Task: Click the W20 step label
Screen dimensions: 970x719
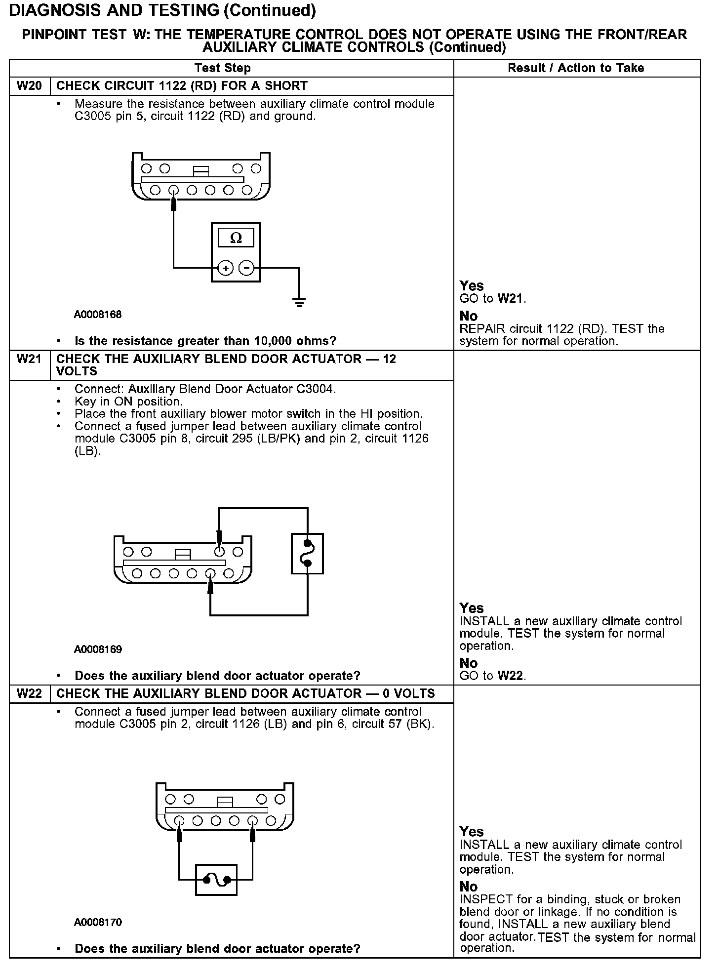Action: tap(29, 86)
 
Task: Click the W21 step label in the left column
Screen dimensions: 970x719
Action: tap(29, 359)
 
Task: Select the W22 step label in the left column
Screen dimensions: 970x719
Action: tap(29, 693)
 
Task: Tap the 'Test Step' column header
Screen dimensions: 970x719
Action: tap(222, 68)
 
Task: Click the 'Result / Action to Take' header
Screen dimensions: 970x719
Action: tap(576, 68)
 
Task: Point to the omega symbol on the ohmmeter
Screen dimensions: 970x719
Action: tap(236, 238)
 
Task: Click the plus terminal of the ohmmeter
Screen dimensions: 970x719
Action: tap(225, 268)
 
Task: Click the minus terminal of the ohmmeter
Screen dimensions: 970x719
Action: tap(246, 268)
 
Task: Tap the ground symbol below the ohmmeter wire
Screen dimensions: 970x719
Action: tap(299, 302)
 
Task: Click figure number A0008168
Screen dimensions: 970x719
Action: tap(98, 315)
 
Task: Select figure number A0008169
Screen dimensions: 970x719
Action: tap(98, 649)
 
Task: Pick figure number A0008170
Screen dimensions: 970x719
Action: tap(98, 923)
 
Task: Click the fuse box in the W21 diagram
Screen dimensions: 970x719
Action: tap(307, 554)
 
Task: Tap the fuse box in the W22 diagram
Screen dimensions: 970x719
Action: tap(216, 880)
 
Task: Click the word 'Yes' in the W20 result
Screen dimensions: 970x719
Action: tap(472, 286)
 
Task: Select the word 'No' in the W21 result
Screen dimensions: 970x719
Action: tap(469, 663)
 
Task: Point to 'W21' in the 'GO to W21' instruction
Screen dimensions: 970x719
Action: tap(510, 299)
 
